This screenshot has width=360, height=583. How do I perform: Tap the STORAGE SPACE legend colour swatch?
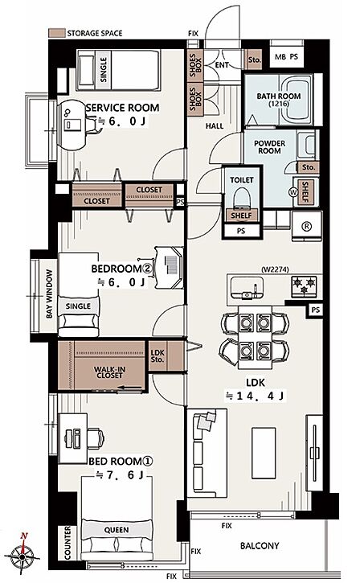coord(57,33)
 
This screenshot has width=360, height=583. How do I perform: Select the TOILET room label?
coord(242,180)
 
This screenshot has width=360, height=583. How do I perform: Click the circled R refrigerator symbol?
coord(307,227)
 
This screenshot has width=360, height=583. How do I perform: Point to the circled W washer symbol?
coord(293,192)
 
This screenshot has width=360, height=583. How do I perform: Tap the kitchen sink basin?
coord(247,287)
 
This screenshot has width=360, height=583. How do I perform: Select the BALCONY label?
coord(260,546)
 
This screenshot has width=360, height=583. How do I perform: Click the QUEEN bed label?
coord(117,530)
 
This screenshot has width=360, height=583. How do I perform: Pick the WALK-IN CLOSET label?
coord(109,372)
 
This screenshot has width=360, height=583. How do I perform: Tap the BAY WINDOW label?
coord(49,294)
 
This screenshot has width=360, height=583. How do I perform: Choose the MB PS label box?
coord(286,57)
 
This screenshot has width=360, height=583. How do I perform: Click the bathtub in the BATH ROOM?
coord(296,99)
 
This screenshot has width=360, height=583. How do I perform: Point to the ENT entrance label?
coord(222,65)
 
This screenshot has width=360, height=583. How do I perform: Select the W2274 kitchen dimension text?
coord(275,269)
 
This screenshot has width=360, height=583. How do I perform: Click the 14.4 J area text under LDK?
coord(255,396)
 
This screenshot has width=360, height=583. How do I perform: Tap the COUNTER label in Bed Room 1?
coord(67,543)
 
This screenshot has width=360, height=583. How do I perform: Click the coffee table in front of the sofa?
coord(264,454)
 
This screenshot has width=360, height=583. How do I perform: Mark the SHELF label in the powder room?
coord(305,192)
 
